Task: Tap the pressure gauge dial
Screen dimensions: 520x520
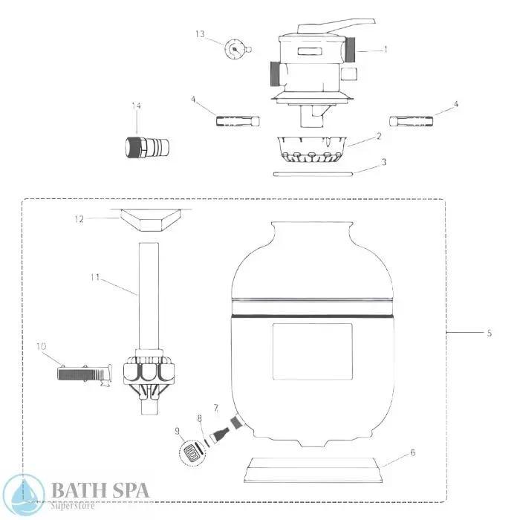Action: [235, 50]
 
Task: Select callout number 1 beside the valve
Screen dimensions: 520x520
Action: [386, 50]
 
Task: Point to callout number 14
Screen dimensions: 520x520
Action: [136, 106]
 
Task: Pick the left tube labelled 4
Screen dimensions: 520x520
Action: [237, 120]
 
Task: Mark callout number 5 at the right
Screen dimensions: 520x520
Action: [489, 333]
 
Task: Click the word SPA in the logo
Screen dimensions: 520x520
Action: [126, 490]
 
